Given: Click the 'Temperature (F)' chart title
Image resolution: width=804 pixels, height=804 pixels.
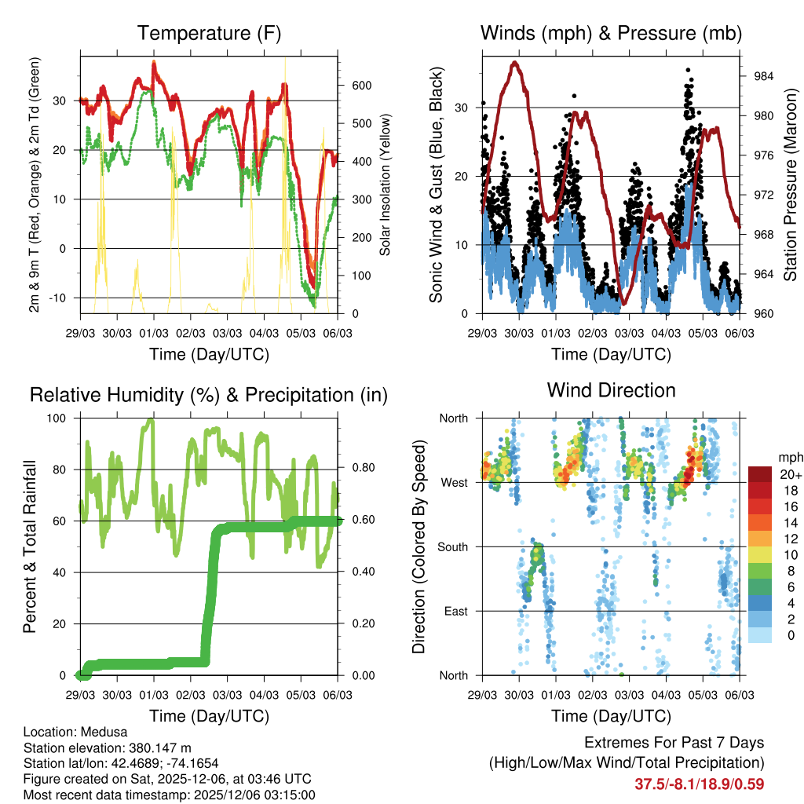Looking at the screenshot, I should click(x=209, y=34).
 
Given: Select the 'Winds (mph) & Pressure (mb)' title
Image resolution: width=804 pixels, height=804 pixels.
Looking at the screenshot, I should click(x=611, y=34).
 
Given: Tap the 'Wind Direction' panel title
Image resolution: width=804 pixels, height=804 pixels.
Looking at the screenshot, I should click(x=611, y=390).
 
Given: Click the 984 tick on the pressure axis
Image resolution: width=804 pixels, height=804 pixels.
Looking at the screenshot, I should click(x=755, y=76).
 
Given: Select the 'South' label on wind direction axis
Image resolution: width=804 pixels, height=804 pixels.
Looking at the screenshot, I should click(x=453, y=546).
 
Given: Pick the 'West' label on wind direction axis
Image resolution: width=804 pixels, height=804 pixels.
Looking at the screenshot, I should click(x=455, y=482).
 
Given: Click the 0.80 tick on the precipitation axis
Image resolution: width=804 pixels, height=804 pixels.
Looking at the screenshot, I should click(x=353, y=470).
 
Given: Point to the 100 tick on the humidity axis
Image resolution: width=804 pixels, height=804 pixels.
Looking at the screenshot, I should click(x=62, y=418).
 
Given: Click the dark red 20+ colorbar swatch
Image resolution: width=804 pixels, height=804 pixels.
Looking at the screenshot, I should click(x=761, y=474).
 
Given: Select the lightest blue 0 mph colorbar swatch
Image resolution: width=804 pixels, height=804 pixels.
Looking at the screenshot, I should click(x=761, y=634).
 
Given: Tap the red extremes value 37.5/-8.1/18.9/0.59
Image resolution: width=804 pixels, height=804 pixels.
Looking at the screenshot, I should click(x=699, y=784).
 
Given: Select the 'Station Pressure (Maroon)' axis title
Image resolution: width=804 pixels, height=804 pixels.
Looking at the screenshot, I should click(x=791, y=185).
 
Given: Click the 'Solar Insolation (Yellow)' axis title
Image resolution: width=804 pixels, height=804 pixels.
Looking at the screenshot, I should click(x=385, y=185).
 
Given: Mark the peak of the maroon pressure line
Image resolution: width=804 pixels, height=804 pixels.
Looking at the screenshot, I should click(x=514, y=62).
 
